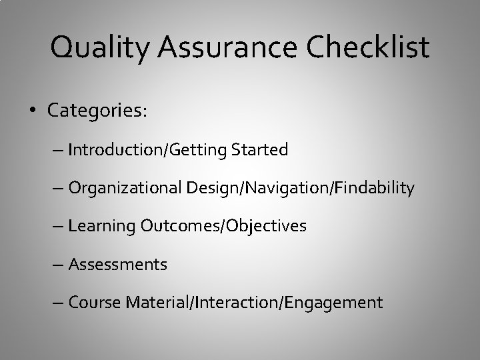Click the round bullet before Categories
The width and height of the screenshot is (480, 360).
(34, 111)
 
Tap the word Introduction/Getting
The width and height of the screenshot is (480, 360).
(147, 151)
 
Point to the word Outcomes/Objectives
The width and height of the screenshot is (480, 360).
(223, 227)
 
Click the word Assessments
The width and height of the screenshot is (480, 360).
(118, 265)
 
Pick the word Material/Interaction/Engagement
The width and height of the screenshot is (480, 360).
(253, 303)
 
